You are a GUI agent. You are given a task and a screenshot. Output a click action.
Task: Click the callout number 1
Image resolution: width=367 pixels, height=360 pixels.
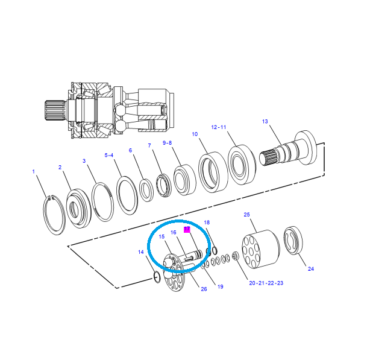pyautogui.click(x=34, y=172)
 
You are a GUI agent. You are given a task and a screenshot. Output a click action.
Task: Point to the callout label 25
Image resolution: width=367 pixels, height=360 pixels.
pyautogui.click(x=246, y=214)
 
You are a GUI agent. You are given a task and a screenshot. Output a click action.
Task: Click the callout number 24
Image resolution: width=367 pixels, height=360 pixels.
pyautogui.click(x=311, y=269)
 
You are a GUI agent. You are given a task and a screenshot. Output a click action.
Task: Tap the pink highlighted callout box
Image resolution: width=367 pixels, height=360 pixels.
pyautogui.click(x=187, y=230)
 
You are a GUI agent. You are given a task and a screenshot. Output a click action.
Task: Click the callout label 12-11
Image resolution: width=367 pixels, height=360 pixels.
pyautogui.click(x=218, y=127)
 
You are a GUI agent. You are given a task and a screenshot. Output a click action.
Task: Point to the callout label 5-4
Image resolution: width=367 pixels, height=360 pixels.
pyautogui.click(x=109, y=155)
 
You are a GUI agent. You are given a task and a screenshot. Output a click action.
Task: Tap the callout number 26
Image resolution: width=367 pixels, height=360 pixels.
pyautogui.click(x=204, y=289)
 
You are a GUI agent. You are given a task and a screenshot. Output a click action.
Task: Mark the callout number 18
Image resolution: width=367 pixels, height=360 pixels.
pyautogui.click(x=207, y=223)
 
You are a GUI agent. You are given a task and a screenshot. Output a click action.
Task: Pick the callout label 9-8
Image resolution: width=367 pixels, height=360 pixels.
pyautogui.click(x=168, y=143)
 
